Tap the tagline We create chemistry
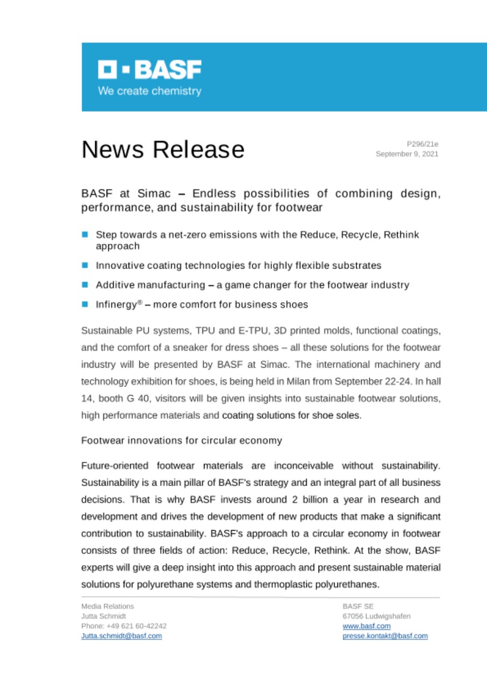(150, 91)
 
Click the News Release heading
(163, 149)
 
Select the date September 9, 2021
(407, 154)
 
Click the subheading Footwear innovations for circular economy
(181, 440)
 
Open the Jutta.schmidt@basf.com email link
(121, 636)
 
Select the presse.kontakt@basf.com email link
(385, 636)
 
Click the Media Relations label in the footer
(107, 606)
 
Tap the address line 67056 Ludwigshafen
(376, 616)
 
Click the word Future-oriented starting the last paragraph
(115, 466)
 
